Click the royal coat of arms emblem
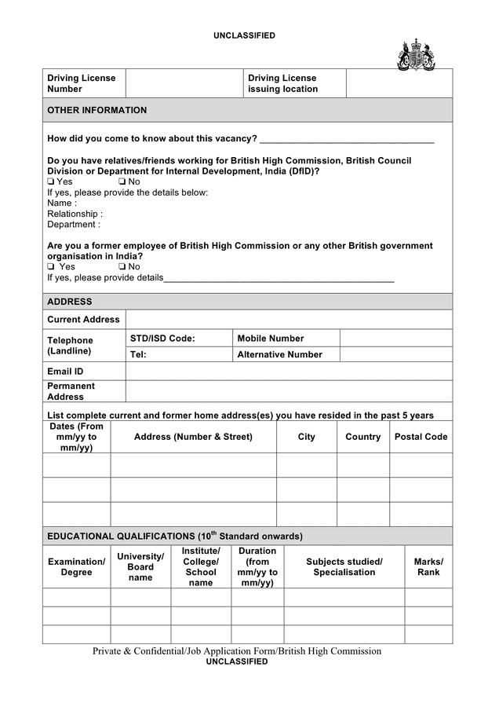tap(416, 55)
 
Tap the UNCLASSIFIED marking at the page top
tap(244, 36)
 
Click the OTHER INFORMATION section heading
tap(97, 110)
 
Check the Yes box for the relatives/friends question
tap(51, 181)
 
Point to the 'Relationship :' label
tap(75, 214)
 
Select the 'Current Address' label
tap(83, 320)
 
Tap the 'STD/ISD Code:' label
tap(162, 339)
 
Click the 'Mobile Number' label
tap(271, 339)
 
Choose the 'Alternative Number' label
tap(279, 354)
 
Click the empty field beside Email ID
tap(289, 371)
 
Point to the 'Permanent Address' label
tap(71, 391)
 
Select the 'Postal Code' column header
tap(421, 437)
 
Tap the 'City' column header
tap(306, 437)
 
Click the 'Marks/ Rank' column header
tap(428, 566)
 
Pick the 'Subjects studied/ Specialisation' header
tap(344, 566)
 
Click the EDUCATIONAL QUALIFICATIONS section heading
tap(174, 536)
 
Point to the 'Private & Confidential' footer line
tap(237, 650)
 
